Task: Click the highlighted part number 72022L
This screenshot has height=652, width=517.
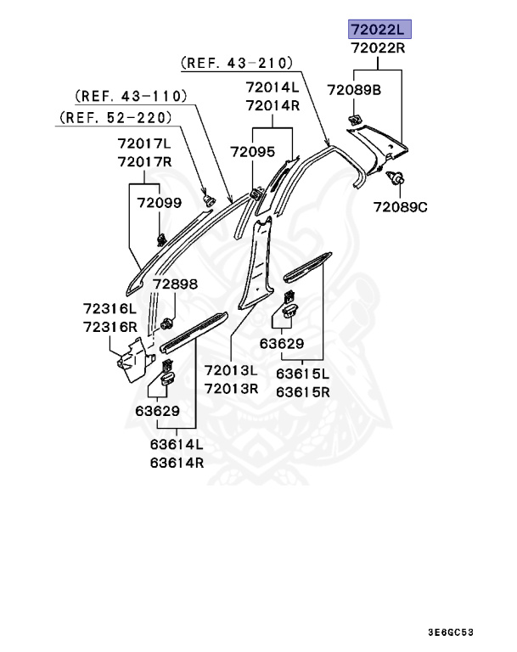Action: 378,30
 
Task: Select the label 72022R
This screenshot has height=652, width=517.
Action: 378,48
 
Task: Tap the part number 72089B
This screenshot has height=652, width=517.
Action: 354,88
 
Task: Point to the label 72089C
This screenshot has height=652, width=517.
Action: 402,206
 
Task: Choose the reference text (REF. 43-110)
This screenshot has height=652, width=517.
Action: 131,95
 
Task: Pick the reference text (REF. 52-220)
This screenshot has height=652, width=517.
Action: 116,116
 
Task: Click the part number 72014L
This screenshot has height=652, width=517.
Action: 273,87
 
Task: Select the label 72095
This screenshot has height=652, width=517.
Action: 252,151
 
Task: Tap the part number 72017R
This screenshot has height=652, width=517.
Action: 144,161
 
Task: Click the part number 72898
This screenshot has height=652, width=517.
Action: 175,284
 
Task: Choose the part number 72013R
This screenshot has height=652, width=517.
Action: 230,388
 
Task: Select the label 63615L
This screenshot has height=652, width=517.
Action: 303,374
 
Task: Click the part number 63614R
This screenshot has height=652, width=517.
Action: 177,463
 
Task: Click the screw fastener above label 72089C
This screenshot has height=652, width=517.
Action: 396,178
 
